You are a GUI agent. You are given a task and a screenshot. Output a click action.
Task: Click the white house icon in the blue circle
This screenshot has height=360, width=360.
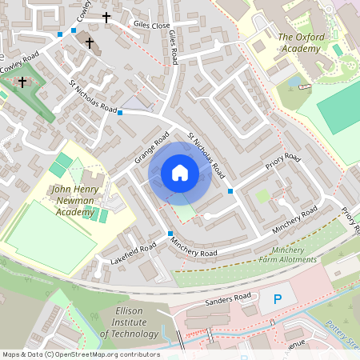(x=180, y=172)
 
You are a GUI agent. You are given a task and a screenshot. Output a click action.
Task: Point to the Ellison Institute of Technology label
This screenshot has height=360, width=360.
(x=129, y=322)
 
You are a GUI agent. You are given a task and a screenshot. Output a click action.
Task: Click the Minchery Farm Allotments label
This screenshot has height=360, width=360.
(x=288, y=255)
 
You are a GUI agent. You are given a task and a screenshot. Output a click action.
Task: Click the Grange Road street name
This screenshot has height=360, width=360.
(x=149, y=150)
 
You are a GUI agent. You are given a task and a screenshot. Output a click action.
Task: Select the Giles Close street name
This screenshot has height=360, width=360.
(x=152, y=26)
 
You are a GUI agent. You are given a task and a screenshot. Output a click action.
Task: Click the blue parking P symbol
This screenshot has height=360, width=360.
(x=278, y=300)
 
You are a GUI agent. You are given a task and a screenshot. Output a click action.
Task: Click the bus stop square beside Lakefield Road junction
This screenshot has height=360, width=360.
(x=170, y=234)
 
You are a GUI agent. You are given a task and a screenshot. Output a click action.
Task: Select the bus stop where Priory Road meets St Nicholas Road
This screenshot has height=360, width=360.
(x=230, y=190)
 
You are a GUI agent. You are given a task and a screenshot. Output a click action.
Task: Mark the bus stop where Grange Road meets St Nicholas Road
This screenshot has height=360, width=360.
(x=120, y=113)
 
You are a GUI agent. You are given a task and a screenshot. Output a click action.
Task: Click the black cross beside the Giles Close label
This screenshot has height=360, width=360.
(x=106, y=17)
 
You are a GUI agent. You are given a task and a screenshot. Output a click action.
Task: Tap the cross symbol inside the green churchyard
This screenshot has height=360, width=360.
(x=22, y=82)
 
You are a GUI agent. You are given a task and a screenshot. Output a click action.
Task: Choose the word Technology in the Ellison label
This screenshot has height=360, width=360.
(x=129, y=334)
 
